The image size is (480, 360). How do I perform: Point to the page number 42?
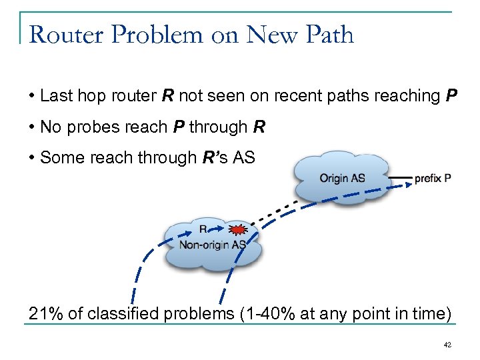448,345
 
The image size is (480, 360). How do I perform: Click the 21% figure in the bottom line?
43,313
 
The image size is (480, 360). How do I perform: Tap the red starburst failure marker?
237,230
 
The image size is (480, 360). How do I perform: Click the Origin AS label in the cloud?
342,179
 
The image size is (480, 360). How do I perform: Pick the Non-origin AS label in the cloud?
212,245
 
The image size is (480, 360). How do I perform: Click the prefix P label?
433,179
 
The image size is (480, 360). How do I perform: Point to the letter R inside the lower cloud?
203,230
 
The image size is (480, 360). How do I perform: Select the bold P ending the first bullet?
451,96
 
